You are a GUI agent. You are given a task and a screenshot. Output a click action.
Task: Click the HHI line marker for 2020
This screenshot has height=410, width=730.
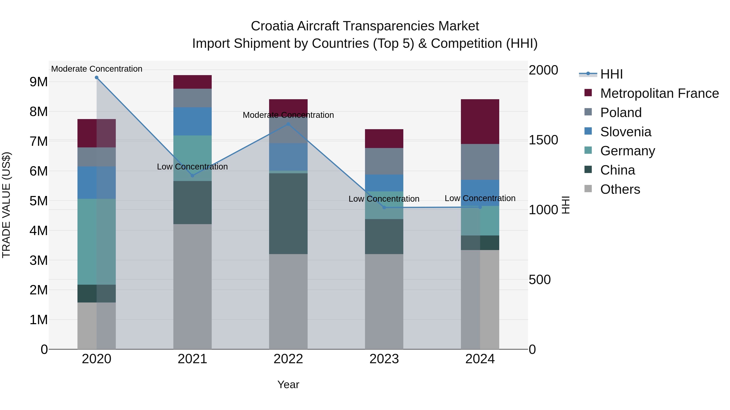point(97,78)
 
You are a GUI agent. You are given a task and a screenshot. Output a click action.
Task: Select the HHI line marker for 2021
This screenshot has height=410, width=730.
point(192,176)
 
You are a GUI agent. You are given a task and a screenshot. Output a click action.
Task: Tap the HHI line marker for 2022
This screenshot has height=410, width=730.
point(288,124)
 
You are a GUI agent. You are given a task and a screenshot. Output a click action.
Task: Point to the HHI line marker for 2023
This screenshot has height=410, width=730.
point(384,208)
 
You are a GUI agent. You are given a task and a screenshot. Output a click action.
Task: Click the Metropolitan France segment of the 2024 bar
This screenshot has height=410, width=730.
point(480,122)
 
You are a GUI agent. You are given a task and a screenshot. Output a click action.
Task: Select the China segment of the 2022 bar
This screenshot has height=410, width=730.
point(288,214)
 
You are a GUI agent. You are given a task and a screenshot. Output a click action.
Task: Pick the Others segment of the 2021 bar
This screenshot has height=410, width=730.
point(192,286)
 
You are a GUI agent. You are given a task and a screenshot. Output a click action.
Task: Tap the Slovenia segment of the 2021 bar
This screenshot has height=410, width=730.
point(192,121)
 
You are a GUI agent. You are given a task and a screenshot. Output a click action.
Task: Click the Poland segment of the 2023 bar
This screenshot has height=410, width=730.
point(384,161)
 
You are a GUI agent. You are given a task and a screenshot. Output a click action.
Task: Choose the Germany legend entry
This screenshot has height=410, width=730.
point(627,151)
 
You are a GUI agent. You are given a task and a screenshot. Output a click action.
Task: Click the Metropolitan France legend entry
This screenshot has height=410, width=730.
point(659,93)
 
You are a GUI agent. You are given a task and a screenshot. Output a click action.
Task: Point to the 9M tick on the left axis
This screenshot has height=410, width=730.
point(39,82)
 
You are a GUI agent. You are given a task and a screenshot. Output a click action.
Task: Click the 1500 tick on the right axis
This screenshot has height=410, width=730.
point(543,140)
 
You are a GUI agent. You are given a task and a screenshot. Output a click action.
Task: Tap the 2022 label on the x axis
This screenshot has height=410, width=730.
point(288,359)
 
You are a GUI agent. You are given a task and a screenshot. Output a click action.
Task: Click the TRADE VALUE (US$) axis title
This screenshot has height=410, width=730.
point(6,205)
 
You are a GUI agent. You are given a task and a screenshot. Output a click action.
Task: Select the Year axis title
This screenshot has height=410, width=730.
point(288,384)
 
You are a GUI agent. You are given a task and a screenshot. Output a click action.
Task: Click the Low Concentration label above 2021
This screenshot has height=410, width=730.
point(192,167)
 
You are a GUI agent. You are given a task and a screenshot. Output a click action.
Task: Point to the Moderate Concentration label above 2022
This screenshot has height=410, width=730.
point(288,115)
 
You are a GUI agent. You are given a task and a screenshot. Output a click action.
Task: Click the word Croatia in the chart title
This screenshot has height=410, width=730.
point(272,26)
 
